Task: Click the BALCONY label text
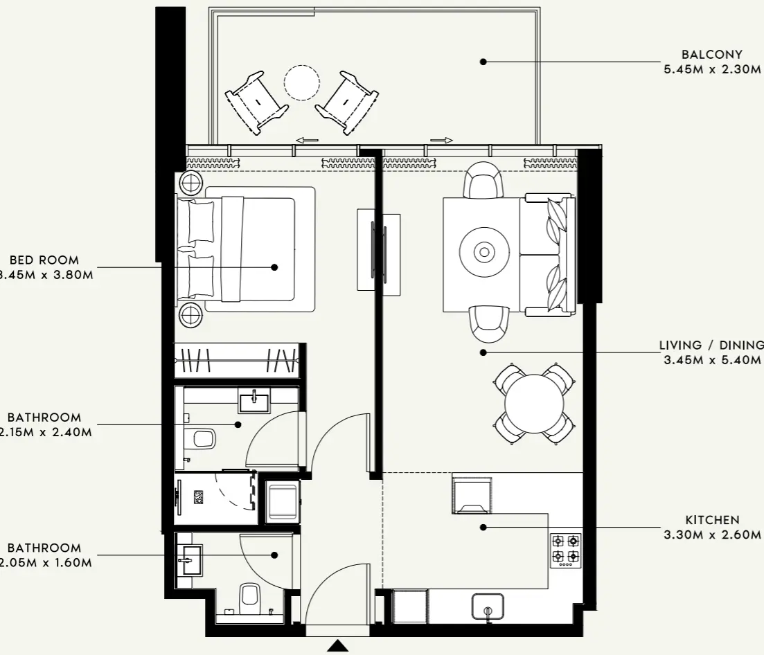tap(711, 54)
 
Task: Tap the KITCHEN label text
tap(712, 520)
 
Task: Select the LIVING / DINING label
tap(711, 346)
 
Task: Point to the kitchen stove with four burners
tap(565, 550)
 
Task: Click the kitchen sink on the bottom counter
tap(488, 607)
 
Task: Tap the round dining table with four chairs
tap(535, 404)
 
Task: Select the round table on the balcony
tap(302, 83)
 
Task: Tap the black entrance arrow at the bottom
tap(337, 646)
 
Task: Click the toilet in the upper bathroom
tap(202, 438)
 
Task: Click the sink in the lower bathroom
tap(189, 560)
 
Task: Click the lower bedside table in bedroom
tap(191, 316)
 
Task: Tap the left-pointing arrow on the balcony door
tap(306, 141)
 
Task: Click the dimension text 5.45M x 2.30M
tap(712, 69)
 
